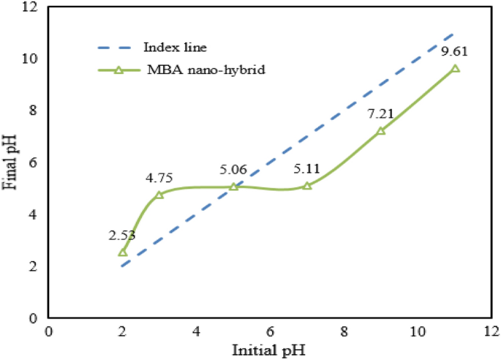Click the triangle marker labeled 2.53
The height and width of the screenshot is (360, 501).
coord(122,252)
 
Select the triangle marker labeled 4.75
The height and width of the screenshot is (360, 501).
coord(159,195)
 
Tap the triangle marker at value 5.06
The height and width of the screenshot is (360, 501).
coord(233,187)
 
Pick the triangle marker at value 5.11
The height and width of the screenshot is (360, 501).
coord(307,186)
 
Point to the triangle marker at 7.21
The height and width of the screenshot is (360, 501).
coord(381,131)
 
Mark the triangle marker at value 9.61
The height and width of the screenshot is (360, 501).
coord(455,69)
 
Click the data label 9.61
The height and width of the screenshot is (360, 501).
coord(454,52)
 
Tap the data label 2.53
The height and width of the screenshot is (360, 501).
coord(121,236)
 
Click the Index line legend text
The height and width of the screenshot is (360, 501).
coord(175,48)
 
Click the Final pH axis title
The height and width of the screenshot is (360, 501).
coord(10,161)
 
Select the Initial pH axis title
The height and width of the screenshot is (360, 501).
coord(269,348)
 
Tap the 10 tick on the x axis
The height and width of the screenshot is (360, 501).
coord(418,331)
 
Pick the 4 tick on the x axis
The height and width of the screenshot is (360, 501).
coord(196,331)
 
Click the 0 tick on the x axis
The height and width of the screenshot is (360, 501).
coord(48,331)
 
